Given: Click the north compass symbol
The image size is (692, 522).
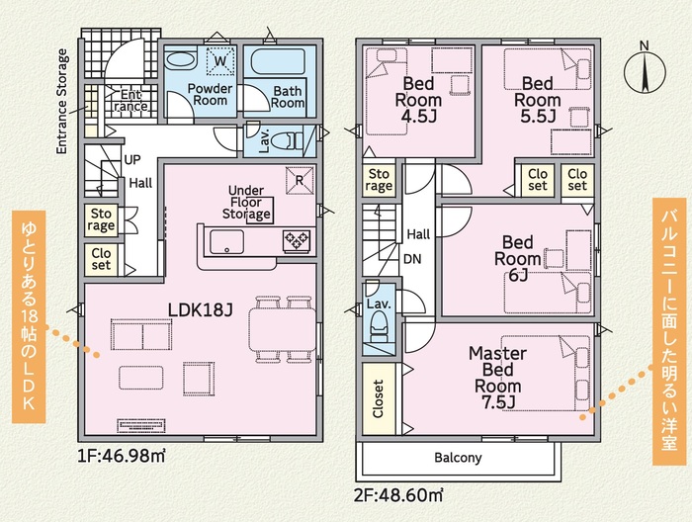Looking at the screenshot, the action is [x=645, y=70].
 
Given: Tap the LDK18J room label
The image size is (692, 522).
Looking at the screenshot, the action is [x=200, y=309].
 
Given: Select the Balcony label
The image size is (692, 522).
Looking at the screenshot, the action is [x=458, y=458].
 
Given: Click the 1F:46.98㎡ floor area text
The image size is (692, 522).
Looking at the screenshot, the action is [x=122, y=456].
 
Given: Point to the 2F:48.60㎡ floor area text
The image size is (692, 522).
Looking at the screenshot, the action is [x=398, y=495].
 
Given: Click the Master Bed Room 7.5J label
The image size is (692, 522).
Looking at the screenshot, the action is [x=497, y=378].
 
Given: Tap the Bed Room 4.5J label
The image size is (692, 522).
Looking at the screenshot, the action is [x=418, y=100].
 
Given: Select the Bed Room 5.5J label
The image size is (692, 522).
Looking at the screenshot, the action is [x=537, y=100].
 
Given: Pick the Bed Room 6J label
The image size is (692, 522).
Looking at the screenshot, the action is [x=518, y=259].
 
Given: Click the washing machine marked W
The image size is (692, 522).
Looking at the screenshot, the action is [x=219, y=60].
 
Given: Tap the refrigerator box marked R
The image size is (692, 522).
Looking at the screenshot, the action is [x=300, y=180].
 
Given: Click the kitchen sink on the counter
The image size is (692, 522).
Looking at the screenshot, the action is [x=226, y=242].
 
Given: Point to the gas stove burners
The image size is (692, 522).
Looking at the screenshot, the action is [x=297, y=241].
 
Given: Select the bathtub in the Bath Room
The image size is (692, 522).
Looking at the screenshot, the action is [x=278, y=61].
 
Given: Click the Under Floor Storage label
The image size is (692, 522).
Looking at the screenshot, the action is [x=246, y=203].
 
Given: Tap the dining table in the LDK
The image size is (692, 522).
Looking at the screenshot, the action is [x=283, y=329].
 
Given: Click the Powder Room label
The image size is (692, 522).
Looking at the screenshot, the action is [x=210, y=94].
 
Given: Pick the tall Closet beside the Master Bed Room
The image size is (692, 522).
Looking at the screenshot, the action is [x=379, y=398].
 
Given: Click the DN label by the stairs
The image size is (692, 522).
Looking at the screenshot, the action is [x=412, y=259].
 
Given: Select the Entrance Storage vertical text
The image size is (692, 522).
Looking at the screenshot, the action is [x=62, y=102].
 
